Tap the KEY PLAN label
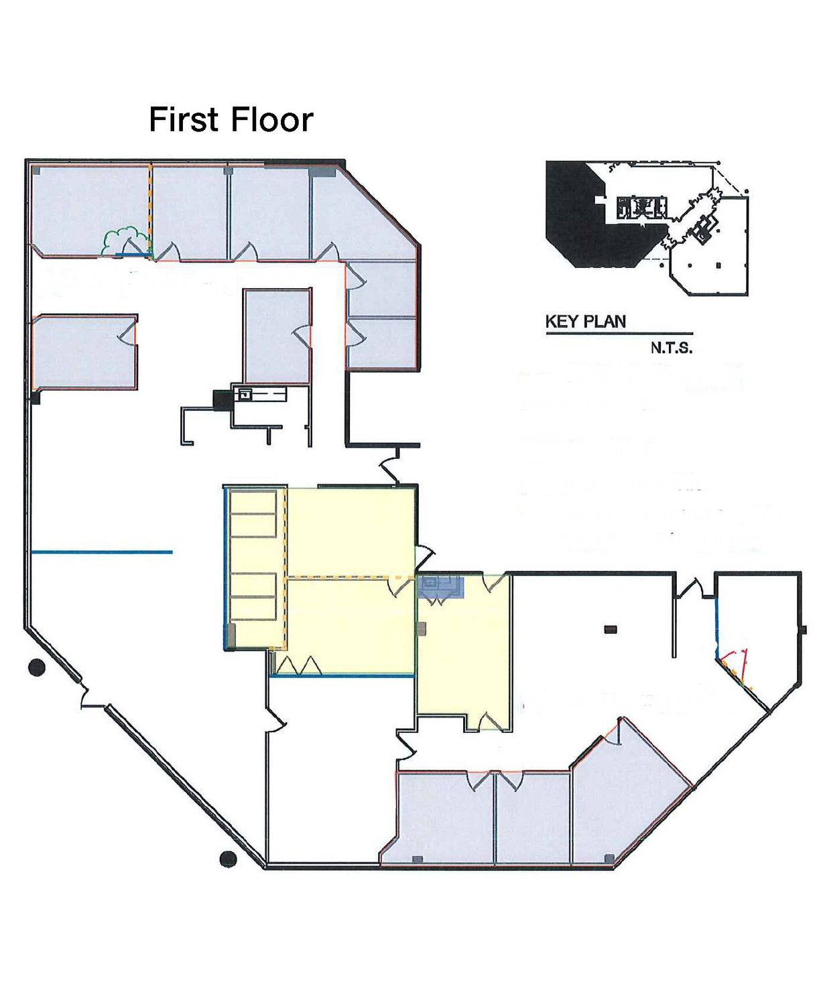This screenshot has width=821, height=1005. pos(586,322)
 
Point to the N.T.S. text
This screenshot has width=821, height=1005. pos(672,348)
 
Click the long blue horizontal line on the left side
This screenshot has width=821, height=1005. pos(102,552)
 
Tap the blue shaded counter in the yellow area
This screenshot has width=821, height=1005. pos(440,587)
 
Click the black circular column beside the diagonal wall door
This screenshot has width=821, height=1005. pos(37,667)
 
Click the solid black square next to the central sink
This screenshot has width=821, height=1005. pos(221,400)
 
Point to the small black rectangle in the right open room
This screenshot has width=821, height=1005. pos(611,630)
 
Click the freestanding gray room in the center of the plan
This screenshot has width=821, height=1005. pos(277,336)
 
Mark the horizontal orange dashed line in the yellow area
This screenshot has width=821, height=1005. pos(351,578)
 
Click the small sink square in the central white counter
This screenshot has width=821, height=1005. pos(245,394)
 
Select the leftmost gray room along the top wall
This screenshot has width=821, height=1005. pos(90,210)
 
